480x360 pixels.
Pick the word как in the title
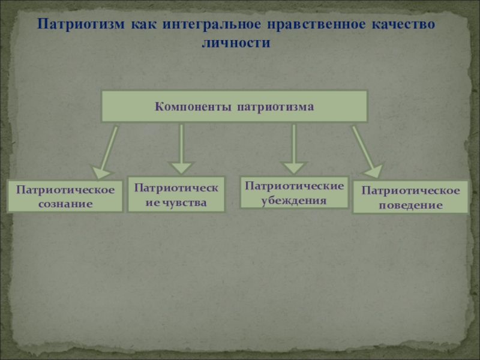[x=145, y=26]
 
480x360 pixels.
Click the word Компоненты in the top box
[x=193, y=107]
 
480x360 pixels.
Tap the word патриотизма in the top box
[x=275, y=107]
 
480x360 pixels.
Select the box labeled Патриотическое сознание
[x=65, y=196]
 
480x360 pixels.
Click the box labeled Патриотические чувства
[x=176, y=194]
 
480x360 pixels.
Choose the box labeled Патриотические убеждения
[x=294, y=192]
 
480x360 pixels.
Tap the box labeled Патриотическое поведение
[x=410, y=197]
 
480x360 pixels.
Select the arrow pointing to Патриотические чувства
[x=181, y=150]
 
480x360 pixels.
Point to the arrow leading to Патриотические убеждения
[x=293, y=150]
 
